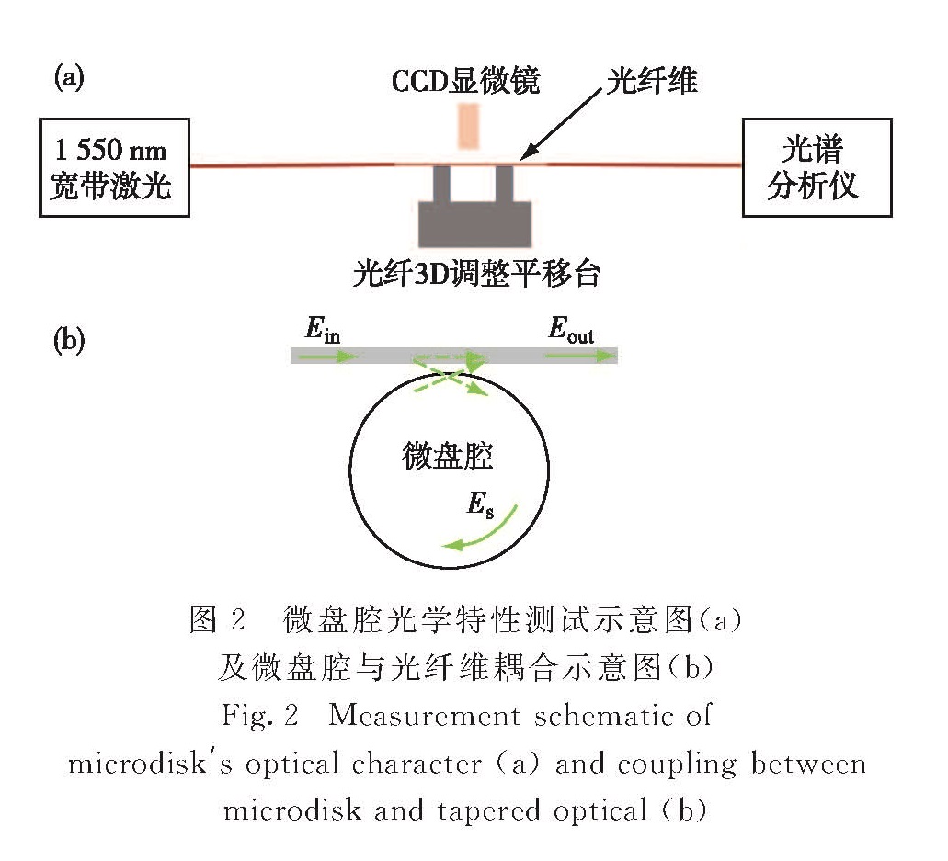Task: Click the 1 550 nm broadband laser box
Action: click(x=113, y=166)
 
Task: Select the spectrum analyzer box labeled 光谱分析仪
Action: click(x=816, y=167)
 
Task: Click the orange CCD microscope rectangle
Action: click(x=468, y=126)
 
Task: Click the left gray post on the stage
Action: click(x=442, y=184)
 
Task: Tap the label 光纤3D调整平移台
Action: click(x=476, y=273)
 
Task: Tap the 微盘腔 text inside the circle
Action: click(x=448, y=455)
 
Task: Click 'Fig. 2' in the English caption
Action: click(x=260, y=715)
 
